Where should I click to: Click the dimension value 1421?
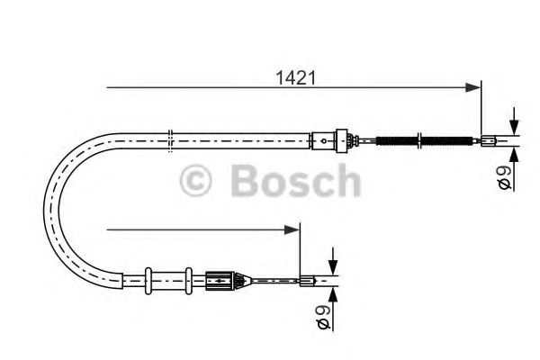pyautogui.click(x=295, y=76)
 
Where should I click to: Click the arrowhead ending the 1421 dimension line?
pyautogui.click(x=474, y=87)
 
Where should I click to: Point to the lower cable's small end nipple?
pyautogui.click(x=308, y=281)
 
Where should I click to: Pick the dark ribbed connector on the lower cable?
pyautogui.click(x=221, y=280)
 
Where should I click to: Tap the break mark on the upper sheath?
pyautogui.click(x=170, y=137)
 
